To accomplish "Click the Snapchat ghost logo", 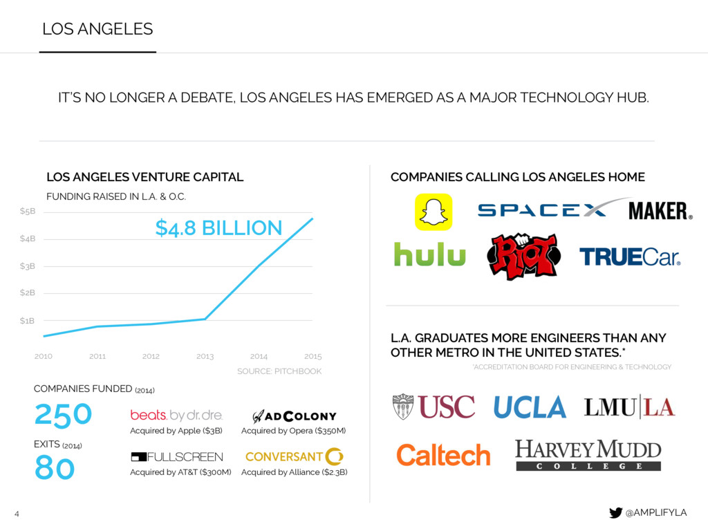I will click(x=433, y=212).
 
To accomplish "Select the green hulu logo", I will click(x=429, y=254).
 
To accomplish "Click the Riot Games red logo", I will click(x=523, y=257).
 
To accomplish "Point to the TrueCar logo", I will click(x=630, y=257).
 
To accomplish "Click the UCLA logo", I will click(x=530, y=407).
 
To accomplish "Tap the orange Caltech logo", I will click(x=443, y=455).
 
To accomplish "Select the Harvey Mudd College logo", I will click(x=588, y=455).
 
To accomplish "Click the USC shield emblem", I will click(x=402, y=407).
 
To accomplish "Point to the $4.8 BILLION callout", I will click(x=218, y=227).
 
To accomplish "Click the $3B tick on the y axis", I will click(x=27, y=266).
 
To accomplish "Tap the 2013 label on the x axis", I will click(x=205, y=357).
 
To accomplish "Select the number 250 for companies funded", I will click(x=63, y=415).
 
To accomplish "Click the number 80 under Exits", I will click(x=55, y=469).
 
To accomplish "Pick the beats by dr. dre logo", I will click(x=176, y=416).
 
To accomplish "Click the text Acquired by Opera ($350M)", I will click(x=293, y=431).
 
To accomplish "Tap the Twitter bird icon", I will click(x=615, y=512).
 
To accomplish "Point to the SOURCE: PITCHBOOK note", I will click(x=279, y=371).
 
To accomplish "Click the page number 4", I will click(x=17, y=513).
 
